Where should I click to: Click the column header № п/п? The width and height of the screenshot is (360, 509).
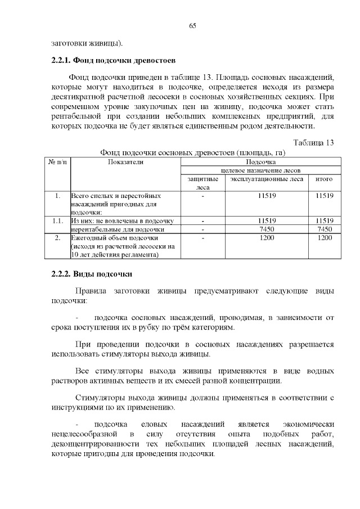[x=57, y=162]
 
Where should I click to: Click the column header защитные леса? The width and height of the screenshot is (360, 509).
[x=202, y=183]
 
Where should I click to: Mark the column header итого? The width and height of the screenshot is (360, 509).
[x=325, y=179]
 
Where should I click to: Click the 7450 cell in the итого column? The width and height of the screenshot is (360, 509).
[x=325, y=229]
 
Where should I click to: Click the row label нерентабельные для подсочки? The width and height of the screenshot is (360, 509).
[x=118, y=229]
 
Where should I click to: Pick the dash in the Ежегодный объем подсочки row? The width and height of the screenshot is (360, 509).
[x=202, y=238]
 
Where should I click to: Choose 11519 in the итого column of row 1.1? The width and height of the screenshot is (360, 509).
[x=325, y=221]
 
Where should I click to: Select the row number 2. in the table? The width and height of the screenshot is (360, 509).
[x=57, y=238]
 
